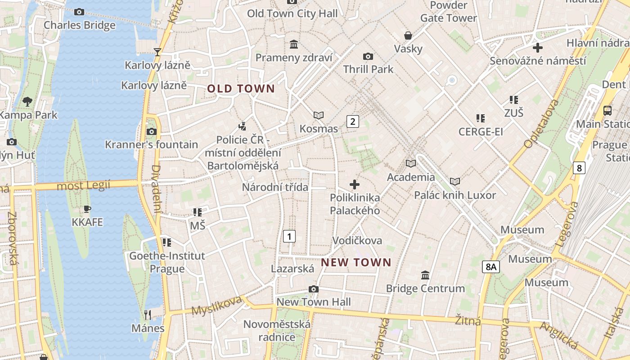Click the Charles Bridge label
[79, 25]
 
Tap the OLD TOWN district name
[241, 89]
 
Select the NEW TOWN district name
[356, 262]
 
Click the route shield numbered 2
[353, 121]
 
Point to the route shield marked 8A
[491, 267]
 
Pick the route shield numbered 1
[289, 236]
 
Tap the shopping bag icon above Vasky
[408, 36]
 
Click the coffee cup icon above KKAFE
[87, 209]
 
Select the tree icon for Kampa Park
[27, 102]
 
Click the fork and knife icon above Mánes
[148, 315]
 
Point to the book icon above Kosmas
[319, 116]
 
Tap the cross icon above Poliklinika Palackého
[355, 184]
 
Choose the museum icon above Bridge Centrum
[425, 275]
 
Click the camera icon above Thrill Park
[368, 56]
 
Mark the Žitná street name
[468, 321]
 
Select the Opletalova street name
[541, 123]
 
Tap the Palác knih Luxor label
[455, 195]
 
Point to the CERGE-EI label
[481, 132]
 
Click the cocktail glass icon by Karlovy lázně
[157, 52]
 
